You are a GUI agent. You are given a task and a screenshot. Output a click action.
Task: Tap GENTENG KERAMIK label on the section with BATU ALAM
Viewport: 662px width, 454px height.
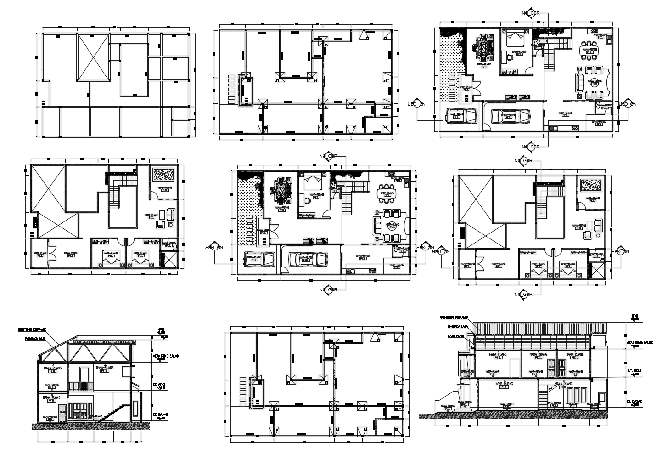[454, 318]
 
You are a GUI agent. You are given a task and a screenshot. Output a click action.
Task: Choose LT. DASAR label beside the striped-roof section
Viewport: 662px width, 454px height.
[636, 401]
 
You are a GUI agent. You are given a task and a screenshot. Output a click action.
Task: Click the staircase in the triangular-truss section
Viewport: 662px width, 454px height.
[112, 412]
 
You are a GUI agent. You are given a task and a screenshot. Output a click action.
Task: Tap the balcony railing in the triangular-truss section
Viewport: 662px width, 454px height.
[81, 386]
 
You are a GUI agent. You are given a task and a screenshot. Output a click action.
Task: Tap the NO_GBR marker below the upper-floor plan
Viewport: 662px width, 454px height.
[522, 295]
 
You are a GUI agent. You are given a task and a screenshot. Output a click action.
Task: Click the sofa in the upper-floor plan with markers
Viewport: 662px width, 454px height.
[598, 225]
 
